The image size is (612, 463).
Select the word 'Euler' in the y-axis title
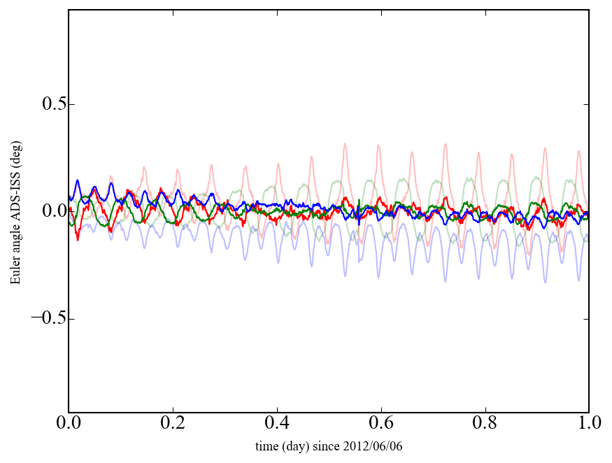click(x=15, y=271)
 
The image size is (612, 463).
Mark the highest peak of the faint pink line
click(x=344, y=144)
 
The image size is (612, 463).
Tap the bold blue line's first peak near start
click(x=78, y=180)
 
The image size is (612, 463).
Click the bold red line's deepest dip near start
click(x=78, y=240)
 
